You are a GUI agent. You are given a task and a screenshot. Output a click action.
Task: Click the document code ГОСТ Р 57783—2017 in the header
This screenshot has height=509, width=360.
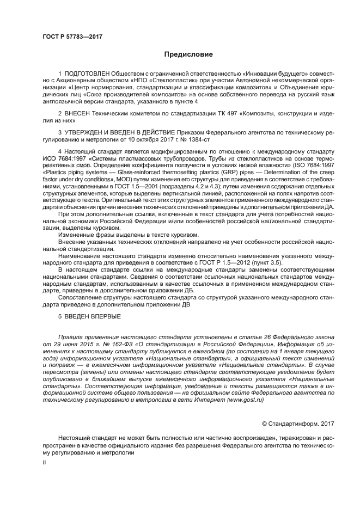[x=72, y=37]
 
